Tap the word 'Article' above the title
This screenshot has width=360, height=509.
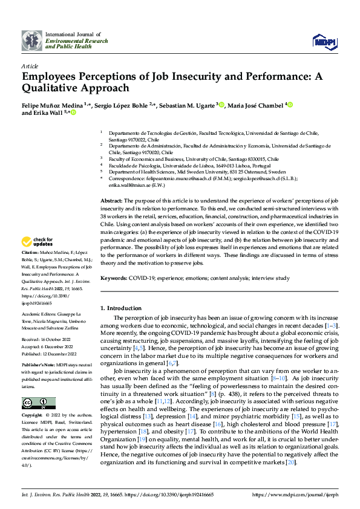30,66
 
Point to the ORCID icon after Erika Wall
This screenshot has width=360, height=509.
74,112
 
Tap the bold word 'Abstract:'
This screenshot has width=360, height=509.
111,200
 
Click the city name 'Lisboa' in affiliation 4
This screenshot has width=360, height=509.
230,164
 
